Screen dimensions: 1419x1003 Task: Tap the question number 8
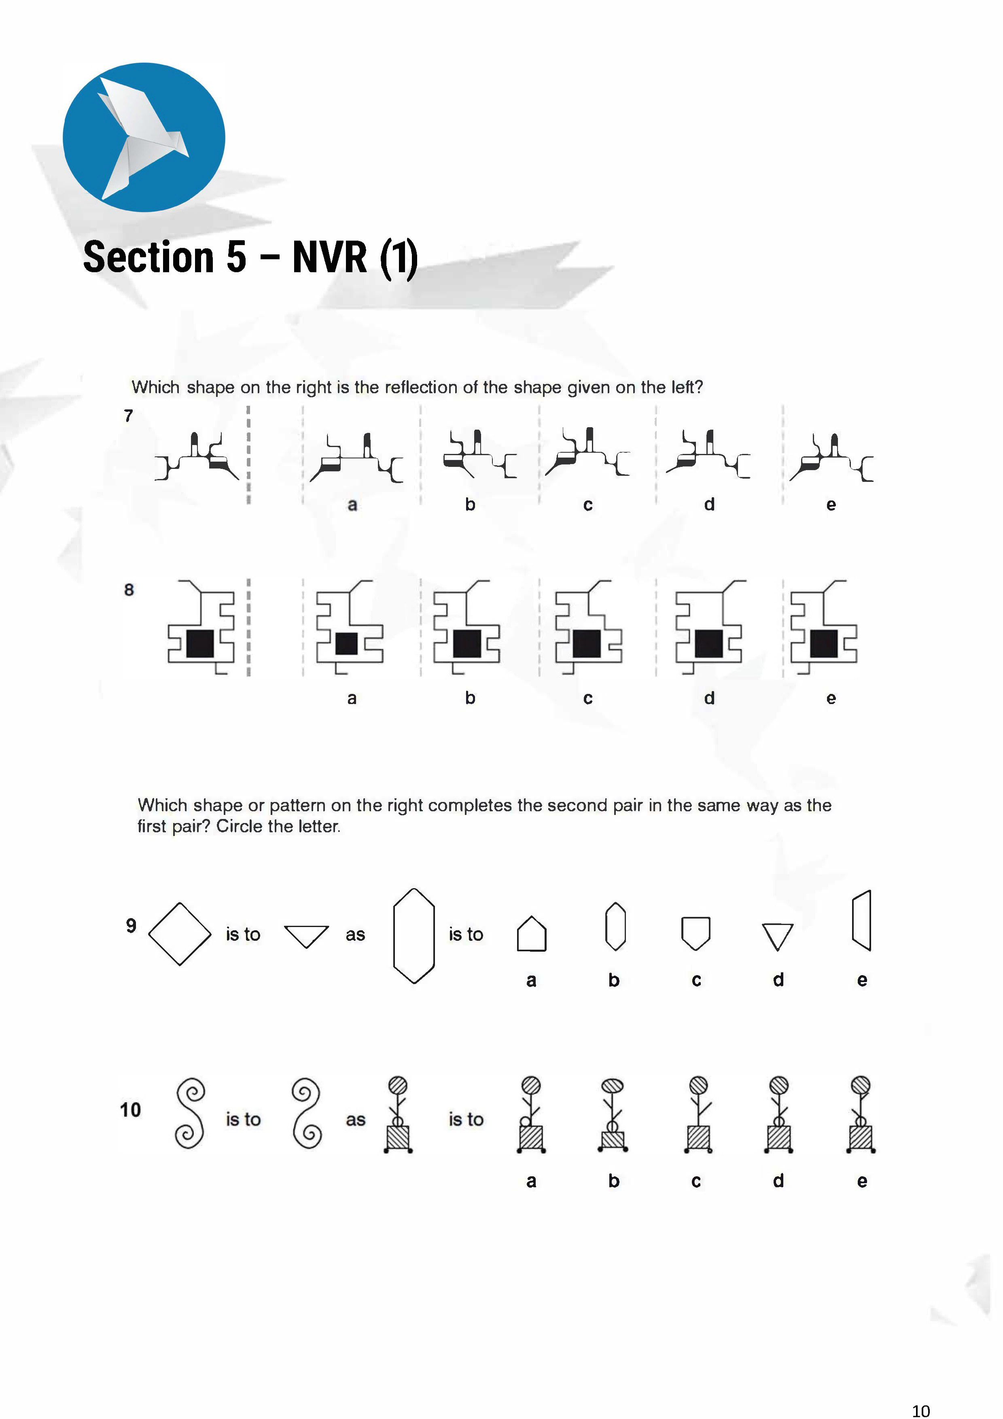click(129, 590)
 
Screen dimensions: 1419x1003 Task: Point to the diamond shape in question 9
click(180, 934)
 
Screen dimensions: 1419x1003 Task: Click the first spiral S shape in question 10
click(190, 1114)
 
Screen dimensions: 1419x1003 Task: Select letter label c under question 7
click(588, 505)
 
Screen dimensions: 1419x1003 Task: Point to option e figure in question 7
click(831, 457)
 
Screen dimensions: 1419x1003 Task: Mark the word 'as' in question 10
click(355, 1120)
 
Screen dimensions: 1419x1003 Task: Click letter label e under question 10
click(862, 1181)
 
